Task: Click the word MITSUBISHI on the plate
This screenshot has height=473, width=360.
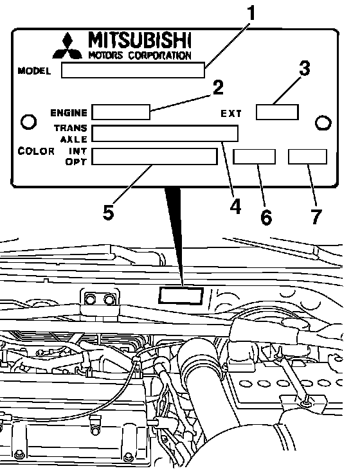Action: click(x=139, y=40)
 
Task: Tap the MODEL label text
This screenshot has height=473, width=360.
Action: click(x=34, y=71)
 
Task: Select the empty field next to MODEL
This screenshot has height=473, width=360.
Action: click(x=133, y=70)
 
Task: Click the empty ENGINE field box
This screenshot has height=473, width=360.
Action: click(x=121, y=112)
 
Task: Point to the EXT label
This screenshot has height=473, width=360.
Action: click(x=231, y=113)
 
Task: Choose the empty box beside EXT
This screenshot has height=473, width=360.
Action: click(x=277, y=112)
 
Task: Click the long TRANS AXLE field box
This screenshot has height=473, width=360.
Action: click(x=165, y=133)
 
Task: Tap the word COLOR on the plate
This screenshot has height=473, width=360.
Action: click(x=36, y=151)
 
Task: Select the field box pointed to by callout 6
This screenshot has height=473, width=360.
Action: click(x=254, y=157)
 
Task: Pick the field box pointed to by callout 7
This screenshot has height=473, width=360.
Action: click(x=307, y=157)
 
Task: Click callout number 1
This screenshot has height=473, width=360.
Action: click(x=250, y=13)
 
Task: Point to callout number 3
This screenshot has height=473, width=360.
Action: click(x=305, y=69)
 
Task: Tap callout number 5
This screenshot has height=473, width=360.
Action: click(x=109, y=213)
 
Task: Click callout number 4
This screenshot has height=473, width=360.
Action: click(x=235, y=207)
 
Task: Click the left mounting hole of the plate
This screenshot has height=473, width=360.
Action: click(x=28, y=121)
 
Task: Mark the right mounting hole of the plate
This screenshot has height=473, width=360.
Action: click(x=323, y=123)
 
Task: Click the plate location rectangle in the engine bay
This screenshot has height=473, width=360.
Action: click(x=181, y=295)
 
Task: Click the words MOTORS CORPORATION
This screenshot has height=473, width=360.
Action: click(x=139, y=55)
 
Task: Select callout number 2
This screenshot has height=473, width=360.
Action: click(x=218, y=88)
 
